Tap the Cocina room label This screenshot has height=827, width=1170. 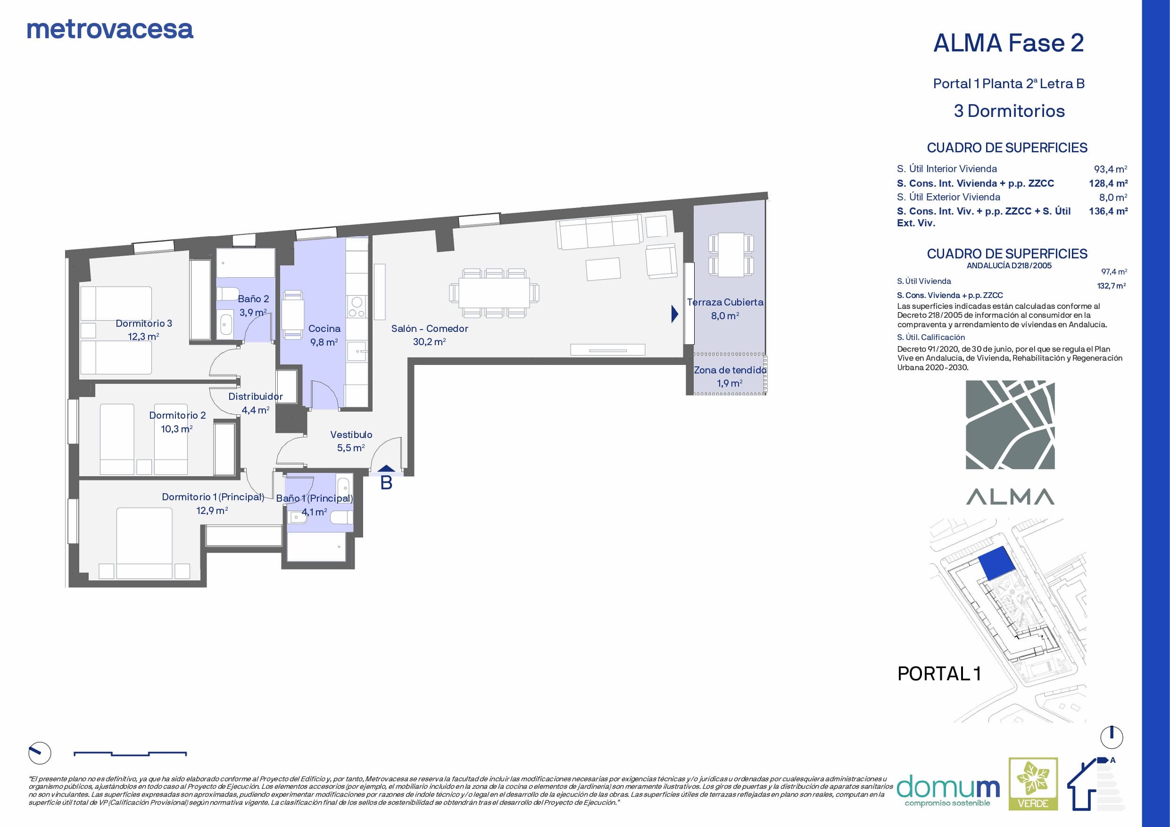324,329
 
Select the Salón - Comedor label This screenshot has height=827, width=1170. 430,329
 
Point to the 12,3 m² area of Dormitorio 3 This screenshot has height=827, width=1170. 144,337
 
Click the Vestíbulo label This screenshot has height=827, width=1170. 351,435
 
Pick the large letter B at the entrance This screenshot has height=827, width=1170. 386,482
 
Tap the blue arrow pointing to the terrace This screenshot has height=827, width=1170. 675,314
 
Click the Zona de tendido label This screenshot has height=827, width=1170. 730,370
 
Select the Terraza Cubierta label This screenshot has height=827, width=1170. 725,302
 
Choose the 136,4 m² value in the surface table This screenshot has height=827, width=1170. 1108,211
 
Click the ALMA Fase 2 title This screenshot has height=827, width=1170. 1008,43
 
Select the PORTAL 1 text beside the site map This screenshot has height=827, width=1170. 939,674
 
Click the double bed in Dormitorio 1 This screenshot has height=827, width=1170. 145,543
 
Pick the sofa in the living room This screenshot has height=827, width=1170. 599,232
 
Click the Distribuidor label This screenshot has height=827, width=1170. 255,397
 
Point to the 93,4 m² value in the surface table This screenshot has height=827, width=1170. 1111,169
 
